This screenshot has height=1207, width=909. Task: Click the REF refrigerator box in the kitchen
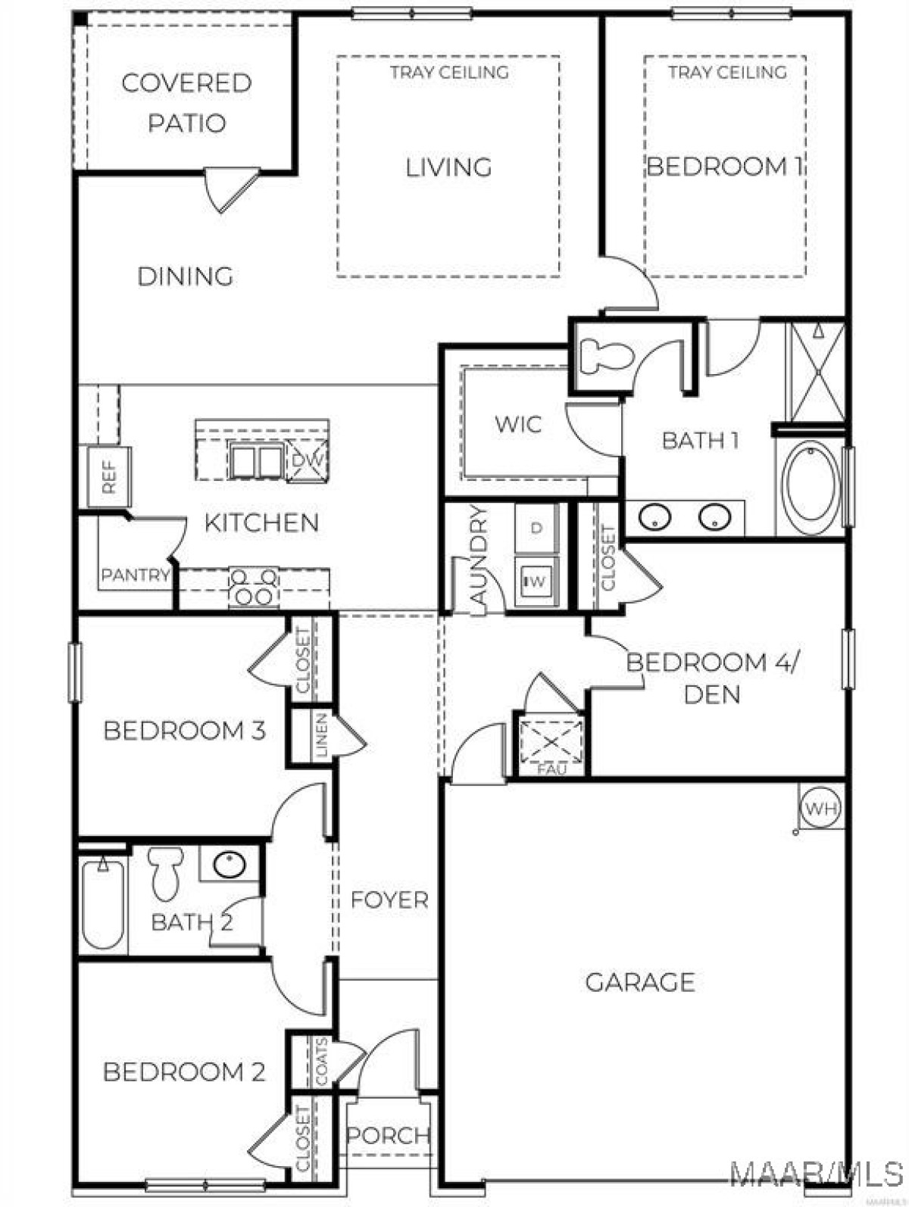pyautogui.click(x=109, y=476)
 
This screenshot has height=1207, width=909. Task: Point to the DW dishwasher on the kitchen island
pyautogui.click(x=307, y=458)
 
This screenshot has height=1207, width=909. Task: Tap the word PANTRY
pyautogui.click(x=136, y=575)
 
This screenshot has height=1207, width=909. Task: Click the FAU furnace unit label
pyautogui.click(x=551, y=769)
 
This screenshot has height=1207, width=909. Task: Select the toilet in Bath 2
pyautogui.click(x=164, y=873)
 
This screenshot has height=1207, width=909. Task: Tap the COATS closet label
pyautogui.click(x=321, y=1062)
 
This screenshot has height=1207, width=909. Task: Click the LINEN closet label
pyautogui.click(x=322, y=734)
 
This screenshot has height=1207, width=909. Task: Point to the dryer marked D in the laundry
pyautogui.click(x=536, y=528)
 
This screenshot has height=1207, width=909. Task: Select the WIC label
pyautogui.click(x=518, y=424)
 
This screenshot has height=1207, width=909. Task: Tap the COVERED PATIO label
pyautogui.click(x=187, y=103)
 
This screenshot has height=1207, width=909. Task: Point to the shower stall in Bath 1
pyautogui.click(x=817, y=373)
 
